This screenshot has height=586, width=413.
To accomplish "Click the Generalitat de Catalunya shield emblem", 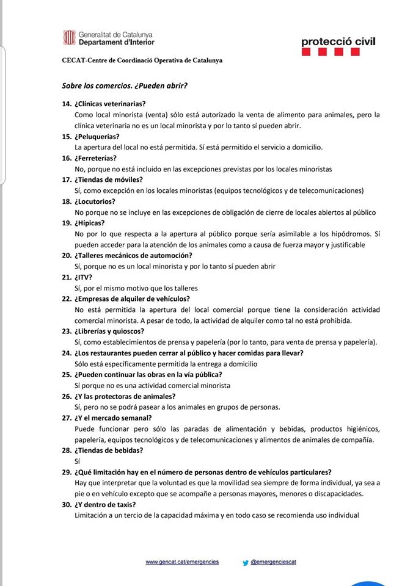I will coord(69,38).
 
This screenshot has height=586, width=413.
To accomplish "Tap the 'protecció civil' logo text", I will coord(338,42).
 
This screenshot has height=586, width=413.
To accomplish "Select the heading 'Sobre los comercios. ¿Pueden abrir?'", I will coord(124,85).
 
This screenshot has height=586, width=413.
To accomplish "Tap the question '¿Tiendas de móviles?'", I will coord(108,179).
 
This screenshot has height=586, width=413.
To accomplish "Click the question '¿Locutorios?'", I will coord(95,201).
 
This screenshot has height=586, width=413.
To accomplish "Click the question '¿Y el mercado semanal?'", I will coord(113,418).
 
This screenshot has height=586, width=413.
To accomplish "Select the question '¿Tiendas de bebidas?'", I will coord(109,450).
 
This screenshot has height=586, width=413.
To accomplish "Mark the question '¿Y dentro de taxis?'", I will coord(104,504).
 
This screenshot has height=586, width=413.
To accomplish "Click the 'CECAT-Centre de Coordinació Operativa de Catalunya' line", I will coord(142,60).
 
